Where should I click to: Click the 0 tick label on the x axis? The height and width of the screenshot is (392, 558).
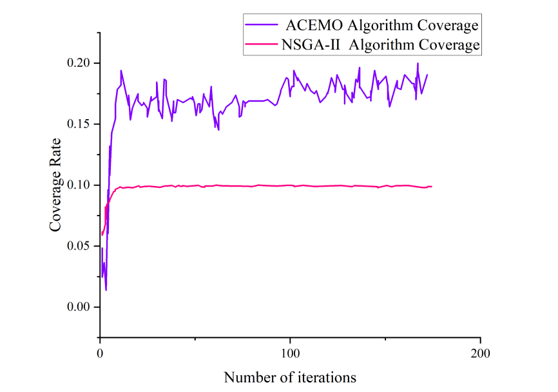click(x=100, y=353)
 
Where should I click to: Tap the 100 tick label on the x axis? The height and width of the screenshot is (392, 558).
click(x=290, y=353)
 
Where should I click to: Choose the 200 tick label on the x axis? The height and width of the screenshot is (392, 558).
click(x=480, y=353)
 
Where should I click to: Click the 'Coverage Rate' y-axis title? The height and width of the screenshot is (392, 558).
click(x=56, y=185)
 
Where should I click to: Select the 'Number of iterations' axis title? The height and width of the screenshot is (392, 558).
click(x=290, y=377)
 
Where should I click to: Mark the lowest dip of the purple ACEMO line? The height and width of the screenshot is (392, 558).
click(x=106, y=290)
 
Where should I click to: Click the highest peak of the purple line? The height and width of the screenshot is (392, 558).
click(x=418, y=63)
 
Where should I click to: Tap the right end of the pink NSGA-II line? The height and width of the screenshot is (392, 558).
click(x=432, y=187)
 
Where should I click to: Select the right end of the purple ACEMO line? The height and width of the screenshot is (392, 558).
click(x=427, y=75)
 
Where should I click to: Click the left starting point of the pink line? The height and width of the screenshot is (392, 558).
click(x=102, y=234)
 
